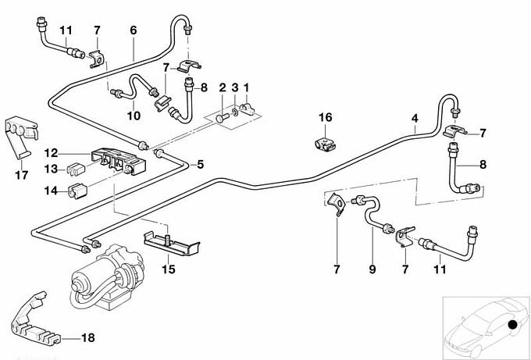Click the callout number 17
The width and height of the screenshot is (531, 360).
point(21,175)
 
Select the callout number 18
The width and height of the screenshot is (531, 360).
point(87,338)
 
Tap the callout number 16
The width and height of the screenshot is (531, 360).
point(325,117)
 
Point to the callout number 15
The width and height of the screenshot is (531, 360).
point(169,270)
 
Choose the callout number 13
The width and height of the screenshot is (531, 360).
point(51,169)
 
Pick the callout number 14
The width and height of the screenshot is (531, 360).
point(51,190)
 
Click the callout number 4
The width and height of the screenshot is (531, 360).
point(415,119)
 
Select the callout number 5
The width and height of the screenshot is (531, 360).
point(200,164)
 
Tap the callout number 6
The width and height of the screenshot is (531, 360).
point(134,30)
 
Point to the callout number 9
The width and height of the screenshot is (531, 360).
point(372,269)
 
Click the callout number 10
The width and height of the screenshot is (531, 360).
point(134,116)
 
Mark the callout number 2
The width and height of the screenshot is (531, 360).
point(222,87)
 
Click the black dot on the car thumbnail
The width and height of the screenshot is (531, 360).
point(512,324)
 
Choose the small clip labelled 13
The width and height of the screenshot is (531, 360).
point(77,168)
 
